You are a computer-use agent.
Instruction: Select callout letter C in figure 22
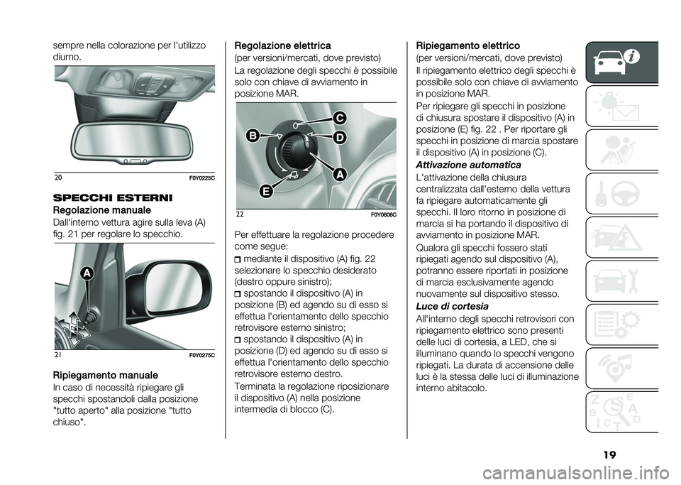(340, 117)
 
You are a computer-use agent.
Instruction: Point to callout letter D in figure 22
(340, 137)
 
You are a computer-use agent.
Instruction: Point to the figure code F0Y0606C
(382, 215)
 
